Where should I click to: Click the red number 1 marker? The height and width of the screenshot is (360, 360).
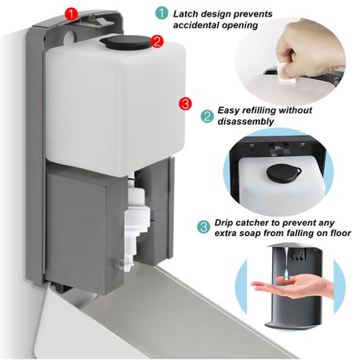point(72,13)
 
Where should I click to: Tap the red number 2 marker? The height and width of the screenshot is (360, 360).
point(157,42)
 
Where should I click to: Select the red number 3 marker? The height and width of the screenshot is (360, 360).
point(185,104)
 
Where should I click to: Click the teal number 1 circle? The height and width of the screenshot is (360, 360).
point(162,13)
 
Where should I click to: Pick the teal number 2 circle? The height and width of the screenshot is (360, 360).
point(207,116)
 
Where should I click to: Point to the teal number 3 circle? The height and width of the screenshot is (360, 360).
point(203,227)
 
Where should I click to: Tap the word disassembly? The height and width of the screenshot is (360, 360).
point(245,122)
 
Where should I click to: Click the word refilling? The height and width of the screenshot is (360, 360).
point(259,111)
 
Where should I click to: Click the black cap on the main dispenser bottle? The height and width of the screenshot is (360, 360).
point(125,42)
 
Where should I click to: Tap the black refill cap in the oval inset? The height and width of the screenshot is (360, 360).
point(283,173)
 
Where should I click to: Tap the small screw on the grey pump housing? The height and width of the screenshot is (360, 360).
point(121,264)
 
